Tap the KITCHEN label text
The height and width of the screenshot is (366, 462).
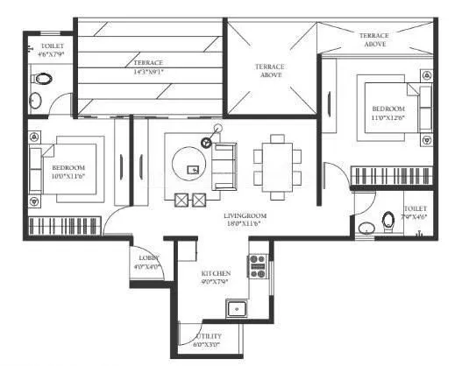pyautogui.click(x=216, y=273)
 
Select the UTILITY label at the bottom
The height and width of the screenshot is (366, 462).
pyautogui.click(x=209, y=335)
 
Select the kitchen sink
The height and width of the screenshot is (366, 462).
pyautogui.click(x=235, y=306)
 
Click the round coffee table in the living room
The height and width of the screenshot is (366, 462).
pyautogui.click(x=189, y=162)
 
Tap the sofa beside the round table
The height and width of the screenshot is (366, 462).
pyautogui.click(x=224, y=160)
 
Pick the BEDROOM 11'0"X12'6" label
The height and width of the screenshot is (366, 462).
pyautogui.click(x=388, y=111)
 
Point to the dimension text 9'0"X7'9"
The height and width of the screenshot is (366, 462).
pyautogui.click(x=216, y=282)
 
